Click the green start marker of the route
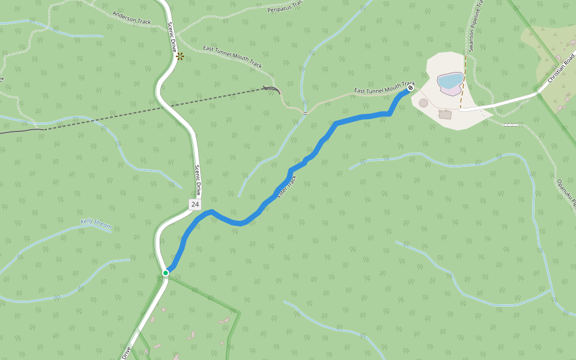click(166, 273)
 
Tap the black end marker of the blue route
click(410, 88)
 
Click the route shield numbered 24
click(195, 205)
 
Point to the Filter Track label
click(287, 187)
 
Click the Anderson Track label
click(131, 17)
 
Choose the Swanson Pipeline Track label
click(474, 27)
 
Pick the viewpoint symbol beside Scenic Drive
click(180, 56)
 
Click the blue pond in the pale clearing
click(451, 80)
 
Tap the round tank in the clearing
click(424, 103)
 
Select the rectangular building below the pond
click(446, 114)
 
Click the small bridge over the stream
click(305, 112)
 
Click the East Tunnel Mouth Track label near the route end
click(384, 88)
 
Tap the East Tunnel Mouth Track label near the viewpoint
click(232, 56)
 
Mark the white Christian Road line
click(510, 101)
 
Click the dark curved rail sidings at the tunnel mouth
click(271, 89)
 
